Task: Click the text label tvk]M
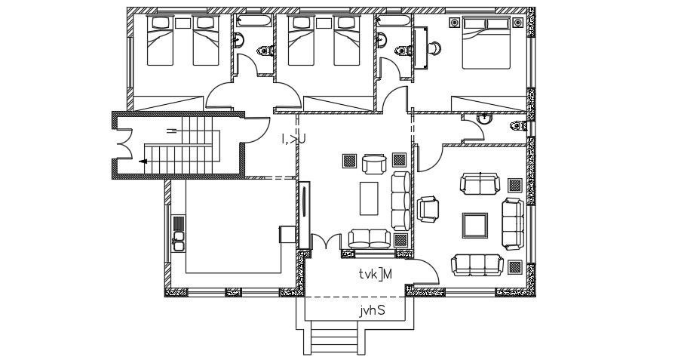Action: click(x=376, y=274)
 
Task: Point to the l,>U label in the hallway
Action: click(x=293, y=138)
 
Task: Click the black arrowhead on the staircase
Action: click(x=143, y=161)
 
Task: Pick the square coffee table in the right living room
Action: click(x=474, y=225)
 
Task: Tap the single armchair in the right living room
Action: click(x=428, y=209)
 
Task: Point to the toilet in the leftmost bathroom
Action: click(x=262, y=51)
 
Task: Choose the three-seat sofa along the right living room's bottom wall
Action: click(x=475, y=264)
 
